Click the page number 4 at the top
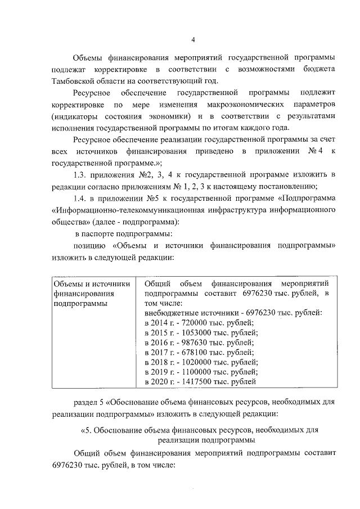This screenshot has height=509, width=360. (x=193, y=40)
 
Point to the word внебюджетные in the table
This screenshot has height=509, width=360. (x=169, y=312)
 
